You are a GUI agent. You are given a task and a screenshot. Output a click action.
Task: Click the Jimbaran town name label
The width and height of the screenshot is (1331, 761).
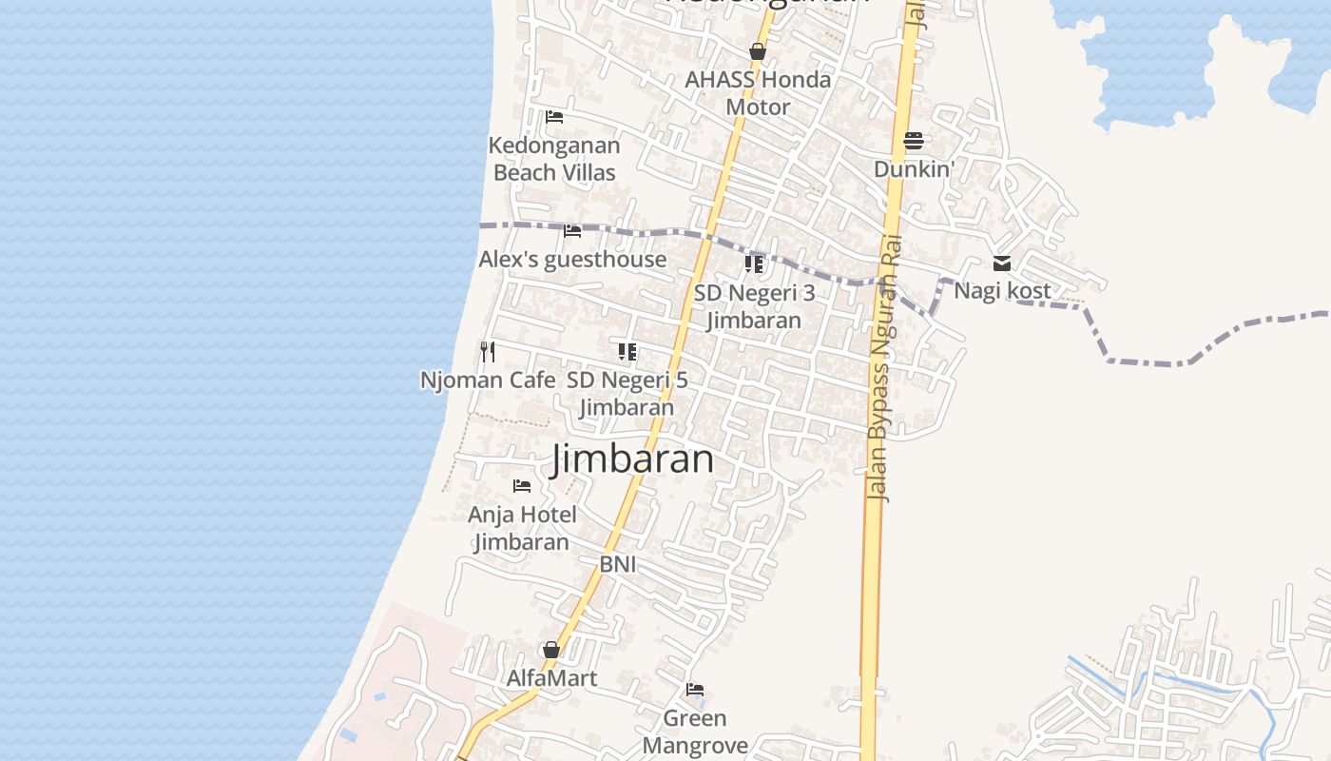pyautogui.click(x=632, y=459)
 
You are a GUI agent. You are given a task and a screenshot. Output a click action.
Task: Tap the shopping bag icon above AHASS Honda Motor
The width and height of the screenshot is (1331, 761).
pyautogui.click(x=758, y=51)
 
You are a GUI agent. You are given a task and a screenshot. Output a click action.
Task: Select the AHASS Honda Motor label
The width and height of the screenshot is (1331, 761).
pyautogui.click(x=758, y=93)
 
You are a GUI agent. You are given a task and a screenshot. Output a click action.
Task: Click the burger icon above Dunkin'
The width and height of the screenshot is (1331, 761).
pyautogui.click(x=914, y=141)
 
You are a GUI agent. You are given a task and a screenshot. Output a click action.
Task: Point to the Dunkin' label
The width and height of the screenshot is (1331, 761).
pyautogui.click(x=914, y=169)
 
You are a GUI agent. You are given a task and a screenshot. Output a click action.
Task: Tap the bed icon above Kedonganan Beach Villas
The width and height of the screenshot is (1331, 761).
pyautogui.click(x=554, y=117)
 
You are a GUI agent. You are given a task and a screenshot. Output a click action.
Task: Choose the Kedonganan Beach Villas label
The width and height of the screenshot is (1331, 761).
pyautogui.click(x=554, y=159)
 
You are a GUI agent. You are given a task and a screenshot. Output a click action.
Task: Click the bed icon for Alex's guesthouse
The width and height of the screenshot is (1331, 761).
pyautogui.click(x=572, y=231)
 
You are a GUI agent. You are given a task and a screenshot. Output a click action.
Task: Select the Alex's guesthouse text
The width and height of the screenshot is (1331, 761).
pyautogui.click(x=572, y=259)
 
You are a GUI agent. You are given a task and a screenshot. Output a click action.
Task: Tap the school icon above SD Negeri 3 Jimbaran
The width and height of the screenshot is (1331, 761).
pyautogui.click(x=754, y=263)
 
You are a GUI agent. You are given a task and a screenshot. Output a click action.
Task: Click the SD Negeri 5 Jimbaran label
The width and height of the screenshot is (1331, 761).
pyautogui.click(x=627, y=393)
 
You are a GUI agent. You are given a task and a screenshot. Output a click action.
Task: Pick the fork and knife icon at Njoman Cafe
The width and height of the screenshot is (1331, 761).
pyautogui.click(x=488, y=352)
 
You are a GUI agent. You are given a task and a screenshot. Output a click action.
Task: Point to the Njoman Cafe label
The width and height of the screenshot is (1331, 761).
pyautogui.click(x=488, y=380)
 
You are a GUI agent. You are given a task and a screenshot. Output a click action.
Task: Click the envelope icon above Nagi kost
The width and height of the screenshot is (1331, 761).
pyautogui.click(x=1002, y=263)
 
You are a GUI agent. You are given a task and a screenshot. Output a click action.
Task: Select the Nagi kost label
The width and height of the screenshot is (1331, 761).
pyautogui.click(x=1002, y=290)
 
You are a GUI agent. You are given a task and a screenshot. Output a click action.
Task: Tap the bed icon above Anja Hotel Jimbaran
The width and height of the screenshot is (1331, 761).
pyautogui.click(x=522, y=486)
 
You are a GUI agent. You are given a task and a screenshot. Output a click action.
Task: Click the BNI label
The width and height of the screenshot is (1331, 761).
pyautogui.click(x=617, y=564)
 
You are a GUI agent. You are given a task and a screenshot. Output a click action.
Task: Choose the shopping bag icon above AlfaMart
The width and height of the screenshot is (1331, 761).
pyautogui.click(x=550, y=651)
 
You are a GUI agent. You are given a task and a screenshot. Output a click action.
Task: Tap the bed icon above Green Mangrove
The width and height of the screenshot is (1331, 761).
pyautogui.click(x=695, y=690)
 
